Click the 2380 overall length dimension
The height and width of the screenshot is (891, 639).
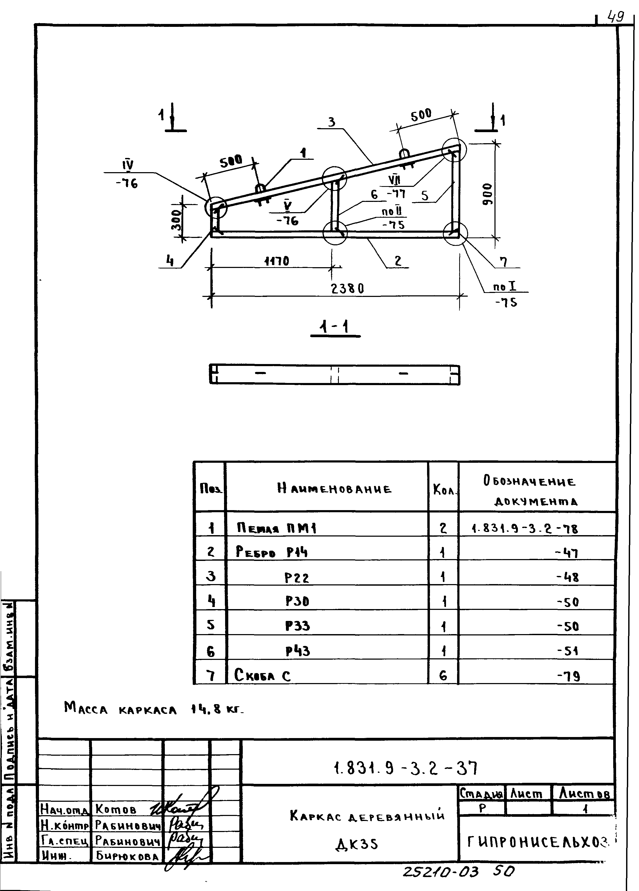(x=347, y=289)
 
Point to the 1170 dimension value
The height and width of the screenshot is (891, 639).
(x=277, y=261)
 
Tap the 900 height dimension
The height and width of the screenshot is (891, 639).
(x=487, y=194)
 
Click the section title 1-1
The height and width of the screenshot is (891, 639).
(x=335, y=327)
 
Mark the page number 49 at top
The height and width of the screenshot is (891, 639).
(x=615, y=17)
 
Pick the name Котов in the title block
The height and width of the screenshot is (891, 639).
(x=116, y=809)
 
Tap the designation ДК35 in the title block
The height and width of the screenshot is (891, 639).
(x=357, y=844)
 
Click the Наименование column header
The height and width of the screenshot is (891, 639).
(x=334, y=489)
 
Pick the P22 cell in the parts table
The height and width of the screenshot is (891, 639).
(x=297, y=578)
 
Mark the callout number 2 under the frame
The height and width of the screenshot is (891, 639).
(x=398, y=261)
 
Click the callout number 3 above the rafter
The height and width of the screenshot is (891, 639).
(x=332, y=122)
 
